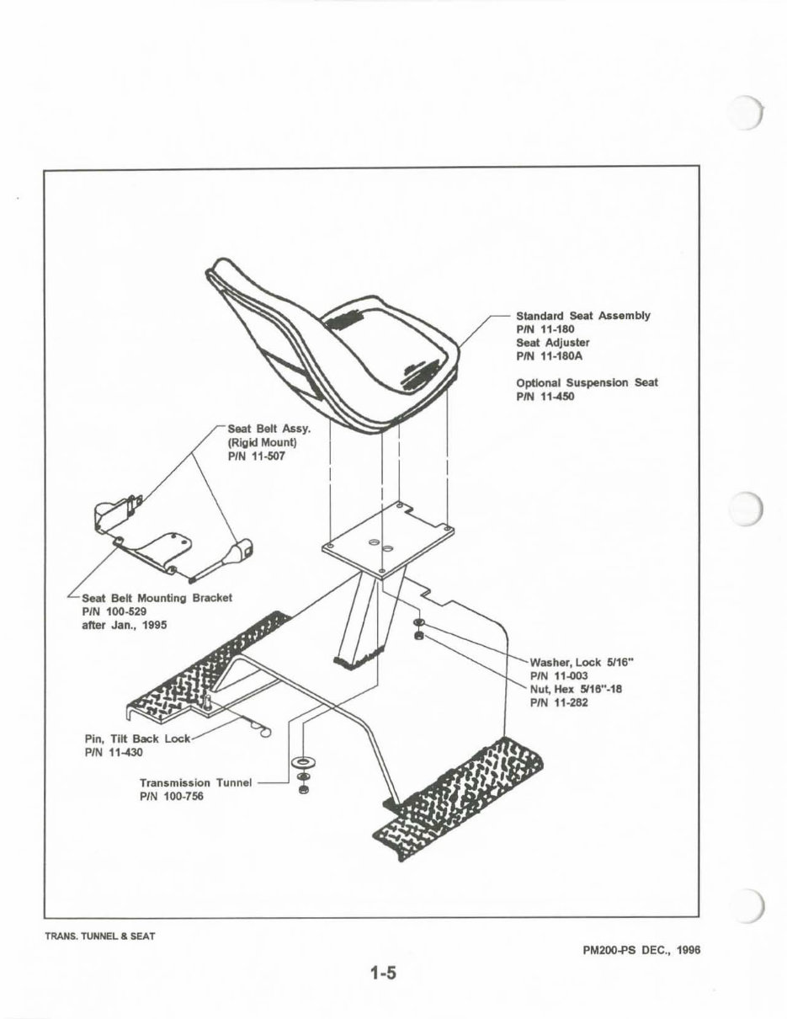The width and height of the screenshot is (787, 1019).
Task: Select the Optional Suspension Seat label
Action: tap(587, 382)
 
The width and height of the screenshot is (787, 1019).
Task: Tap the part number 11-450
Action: tap(545, 396)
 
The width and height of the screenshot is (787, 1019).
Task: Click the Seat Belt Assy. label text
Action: tap(269, 429)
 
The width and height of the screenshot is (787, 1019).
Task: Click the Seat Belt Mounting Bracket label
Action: tap(157, 598)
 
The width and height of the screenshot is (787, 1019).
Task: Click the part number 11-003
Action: tap(559, 675)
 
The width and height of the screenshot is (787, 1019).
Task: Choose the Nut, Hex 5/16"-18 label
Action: tap(576, 689)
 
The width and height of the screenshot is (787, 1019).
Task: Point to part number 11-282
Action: tap(559, 702)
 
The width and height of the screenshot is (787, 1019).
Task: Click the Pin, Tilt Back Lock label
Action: tap(139, 739)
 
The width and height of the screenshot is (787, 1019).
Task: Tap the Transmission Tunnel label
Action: tap(195, 782)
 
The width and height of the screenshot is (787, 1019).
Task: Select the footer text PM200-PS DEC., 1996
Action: tap(641, 949)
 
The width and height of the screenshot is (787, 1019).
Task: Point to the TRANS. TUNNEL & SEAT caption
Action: tap(101, 936)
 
